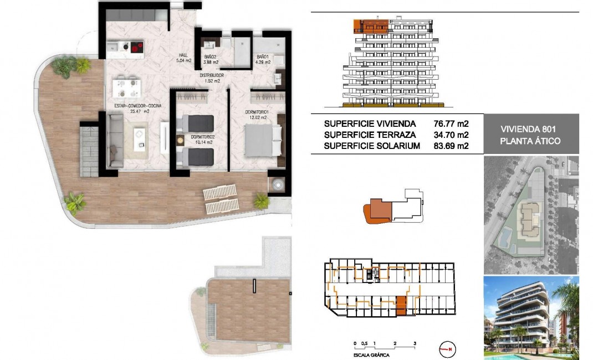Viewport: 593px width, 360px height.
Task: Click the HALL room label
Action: point(182,55)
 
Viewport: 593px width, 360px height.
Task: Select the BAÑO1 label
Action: point(263,57)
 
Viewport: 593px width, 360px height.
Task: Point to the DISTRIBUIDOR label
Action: point(211,75)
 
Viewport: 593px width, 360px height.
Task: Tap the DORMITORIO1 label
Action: point(257,112)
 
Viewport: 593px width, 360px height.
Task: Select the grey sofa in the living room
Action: point(115,140)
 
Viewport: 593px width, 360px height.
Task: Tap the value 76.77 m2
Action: point(451,123)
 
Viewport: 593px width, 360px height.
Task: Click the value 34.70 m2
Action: point(451,135)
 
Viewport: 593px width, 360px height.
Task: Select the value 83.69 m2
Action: point(451,146)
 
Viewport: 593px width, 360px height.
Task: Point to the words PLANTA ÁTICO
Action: point(531,141)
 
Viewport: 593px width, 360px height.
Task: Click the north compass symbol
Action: point(447,349)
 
